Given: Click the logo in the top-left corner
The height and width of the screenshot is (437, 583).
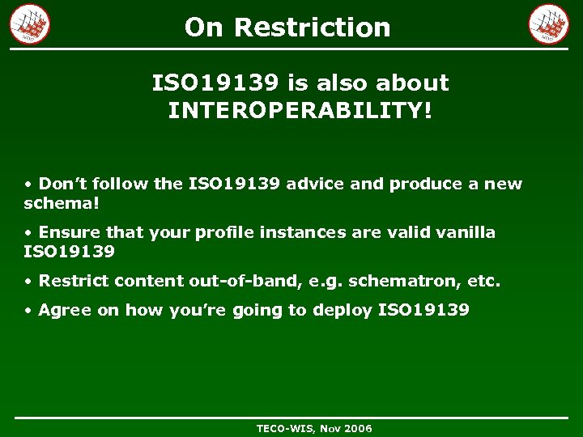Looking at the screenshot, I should point(30,23).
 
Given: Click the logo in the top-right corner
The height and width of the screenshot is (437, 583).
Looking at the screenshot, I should point(549,23).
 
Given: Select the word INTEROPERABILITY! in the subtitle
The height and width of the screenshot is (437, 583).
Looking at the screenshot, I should point(300,111).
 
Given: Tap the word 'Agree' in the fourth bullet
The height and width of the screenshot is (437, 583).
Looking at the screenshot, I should point(65,310).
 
